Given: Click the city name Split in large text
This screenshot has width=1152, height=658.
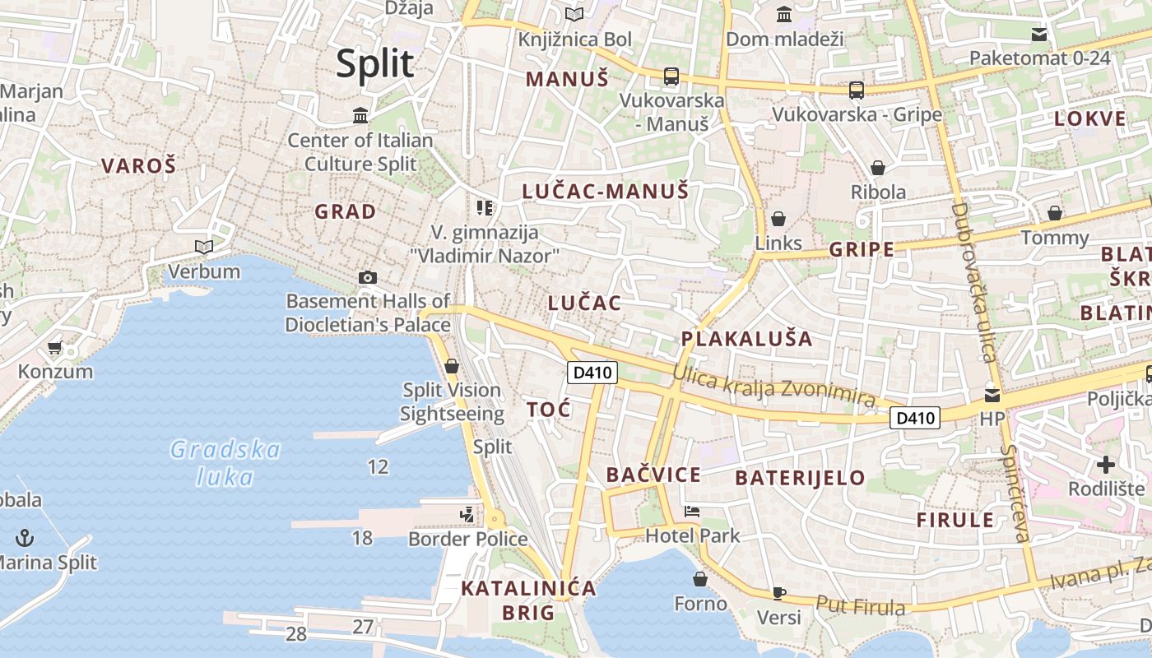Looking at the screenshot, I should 374,63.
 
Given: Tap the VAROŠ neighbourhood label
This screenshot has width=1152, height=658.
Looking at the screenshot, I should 139,165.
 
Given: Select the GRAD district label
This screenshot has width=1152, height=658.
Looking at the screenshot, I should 346,211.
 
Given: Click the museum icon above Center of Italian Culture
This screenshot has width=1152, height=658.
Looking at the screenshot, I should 360,116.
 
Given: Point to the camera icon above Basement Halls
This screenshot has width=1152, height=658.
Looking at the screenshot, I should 368,277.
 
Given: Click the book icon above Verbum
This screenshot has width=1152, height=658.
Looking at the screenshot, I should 203,247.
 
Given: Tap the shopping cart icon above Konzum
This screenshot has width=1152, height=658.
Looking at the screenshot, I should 55,348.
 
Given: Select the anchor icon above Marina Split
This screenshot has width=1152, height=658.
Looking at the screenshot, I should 26,539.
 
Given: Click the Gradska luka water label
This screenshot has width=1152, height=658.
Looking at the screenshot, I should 225,462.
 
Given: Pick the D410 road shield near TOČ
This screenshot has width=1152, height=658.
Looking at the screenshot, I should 592,373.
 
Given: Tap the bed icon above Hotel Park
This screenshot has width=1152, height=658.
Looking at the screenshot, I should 692,512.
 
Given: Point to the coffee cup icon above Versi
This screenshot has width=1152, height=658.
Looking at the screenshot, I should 778,593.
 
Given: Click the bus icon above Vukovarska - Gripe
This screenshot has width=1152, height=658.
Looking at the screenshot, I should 857,90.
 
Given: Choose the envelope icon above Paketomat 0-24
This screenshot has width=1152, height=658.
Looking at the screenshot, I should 1039,35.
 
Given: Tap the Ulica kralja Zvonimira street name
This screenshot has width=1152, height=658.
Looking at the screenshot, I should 773,385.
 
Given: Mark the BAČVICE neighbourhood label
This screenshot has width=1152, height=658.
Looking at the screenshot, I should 653,475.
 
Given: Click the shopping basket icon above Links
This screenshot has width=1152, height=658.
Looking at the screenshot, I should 778,219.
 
